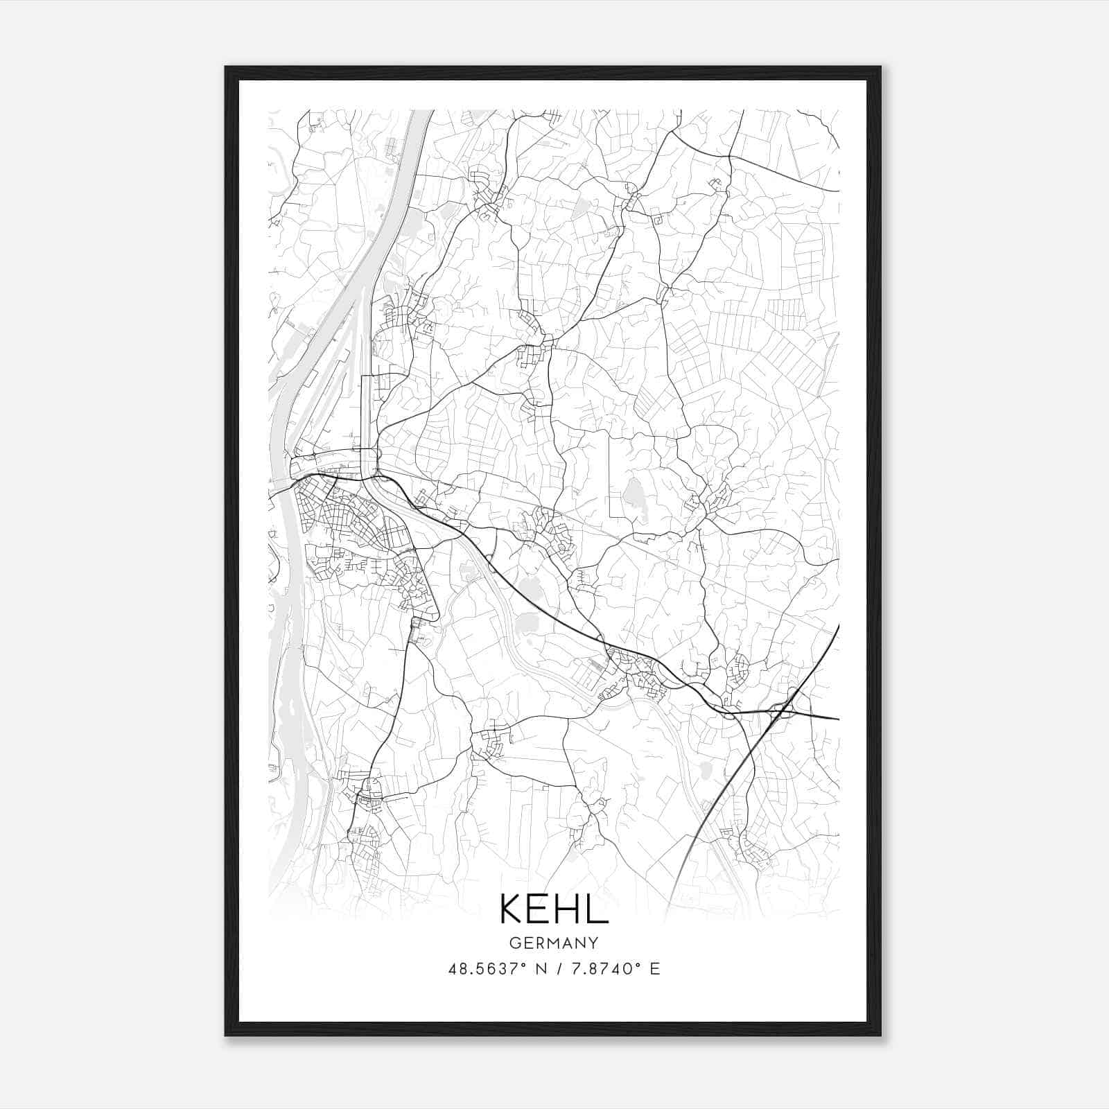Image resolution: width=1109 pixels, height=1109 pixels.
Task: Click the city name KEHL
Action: coord(554,909)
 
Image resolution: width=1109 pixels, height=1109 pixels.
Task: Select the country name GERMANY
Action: coord(554,943)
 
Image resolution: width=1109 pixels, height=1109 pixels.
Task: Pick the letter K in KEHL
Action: coord(512,909)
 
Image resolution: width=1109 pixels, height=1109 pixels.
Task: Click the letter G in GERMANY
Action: coord(514,943)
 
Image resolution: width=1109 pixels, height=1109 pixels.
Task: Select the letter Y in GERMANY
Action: coord(593,943)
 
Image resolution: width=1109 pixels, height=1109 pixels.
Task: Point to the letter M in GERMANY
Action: coord(554,943)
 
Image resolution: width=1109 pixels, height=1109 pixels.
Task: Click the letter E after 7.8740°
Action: coord(654,968)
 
